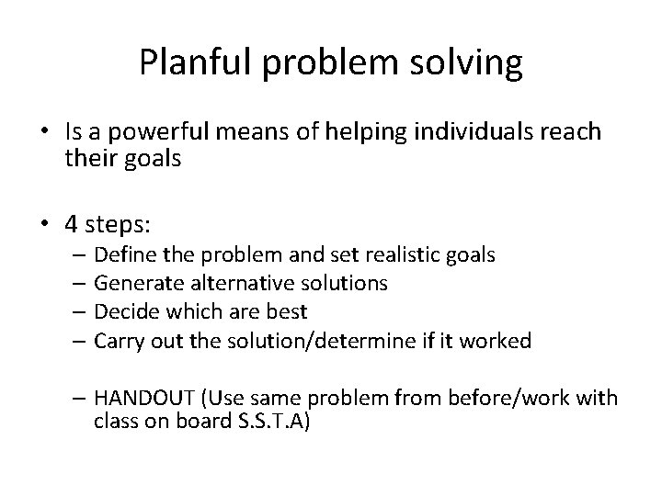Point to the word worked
click(x=498, y=342)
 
